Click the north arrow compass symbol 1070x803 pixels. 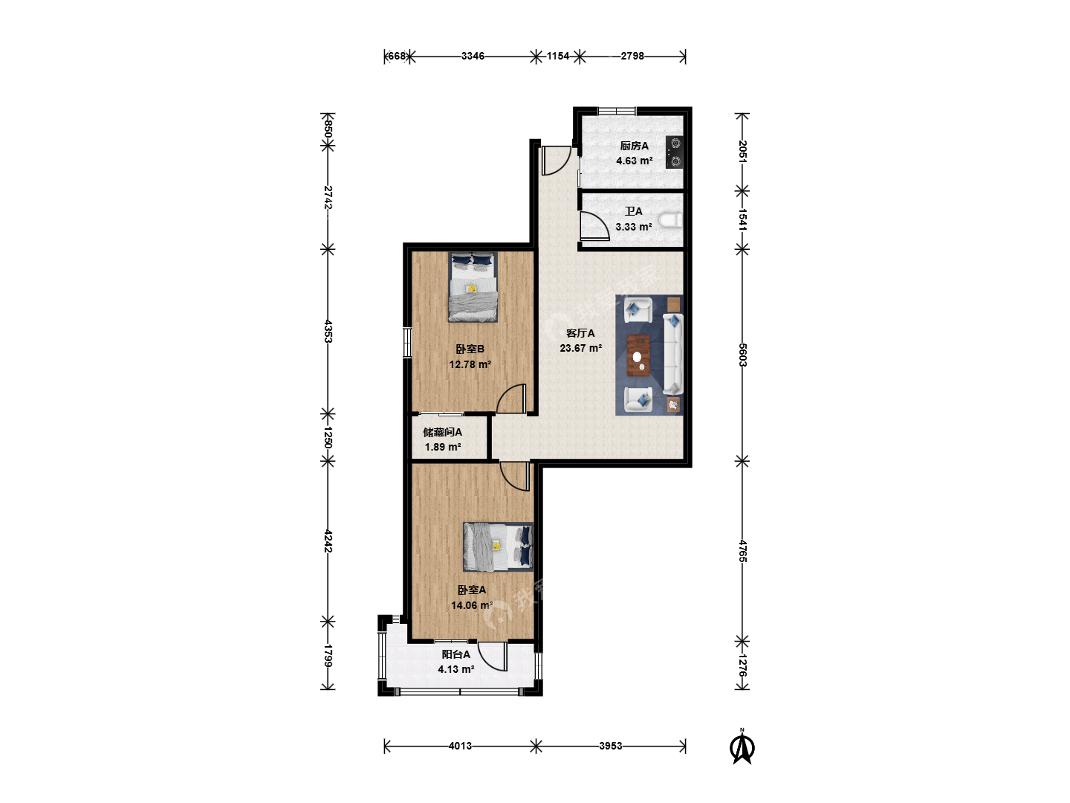tap(742, 746)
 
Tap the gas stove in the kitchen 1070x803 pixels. tap(675, 152)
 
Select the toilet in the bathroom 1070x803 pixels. tap(671, 221)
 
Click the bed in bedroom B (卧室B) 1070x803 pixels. tap(473, 287)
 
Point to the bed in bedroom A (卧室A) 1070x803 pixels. tap(498, 546)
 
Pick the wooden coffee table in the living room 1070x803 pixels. tap(638, 355)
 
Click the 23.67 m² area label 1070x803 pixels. tap(580, 348)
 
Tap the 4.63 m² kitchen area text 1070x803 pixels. tap(635, 161)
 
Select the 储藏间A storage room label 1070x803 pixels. tap(442, 432)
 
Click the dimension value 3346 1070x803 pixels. tap(473, 56)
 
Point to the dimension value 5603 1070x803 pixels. tap(742, 355)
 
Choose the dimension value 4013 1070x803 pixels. tap(460, 746)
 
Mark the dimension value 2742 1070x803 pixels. tap(328, 198)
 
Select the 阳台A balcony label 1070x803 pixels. tap(455, 654)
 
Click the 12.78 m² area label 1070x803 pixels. tap(470, 364)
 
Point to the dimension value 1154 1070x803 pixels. tap(558, 56)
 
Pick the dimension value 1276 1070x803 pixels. tap(742, 665)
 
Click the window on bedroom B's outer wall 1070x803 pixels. tap(407, 342)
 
